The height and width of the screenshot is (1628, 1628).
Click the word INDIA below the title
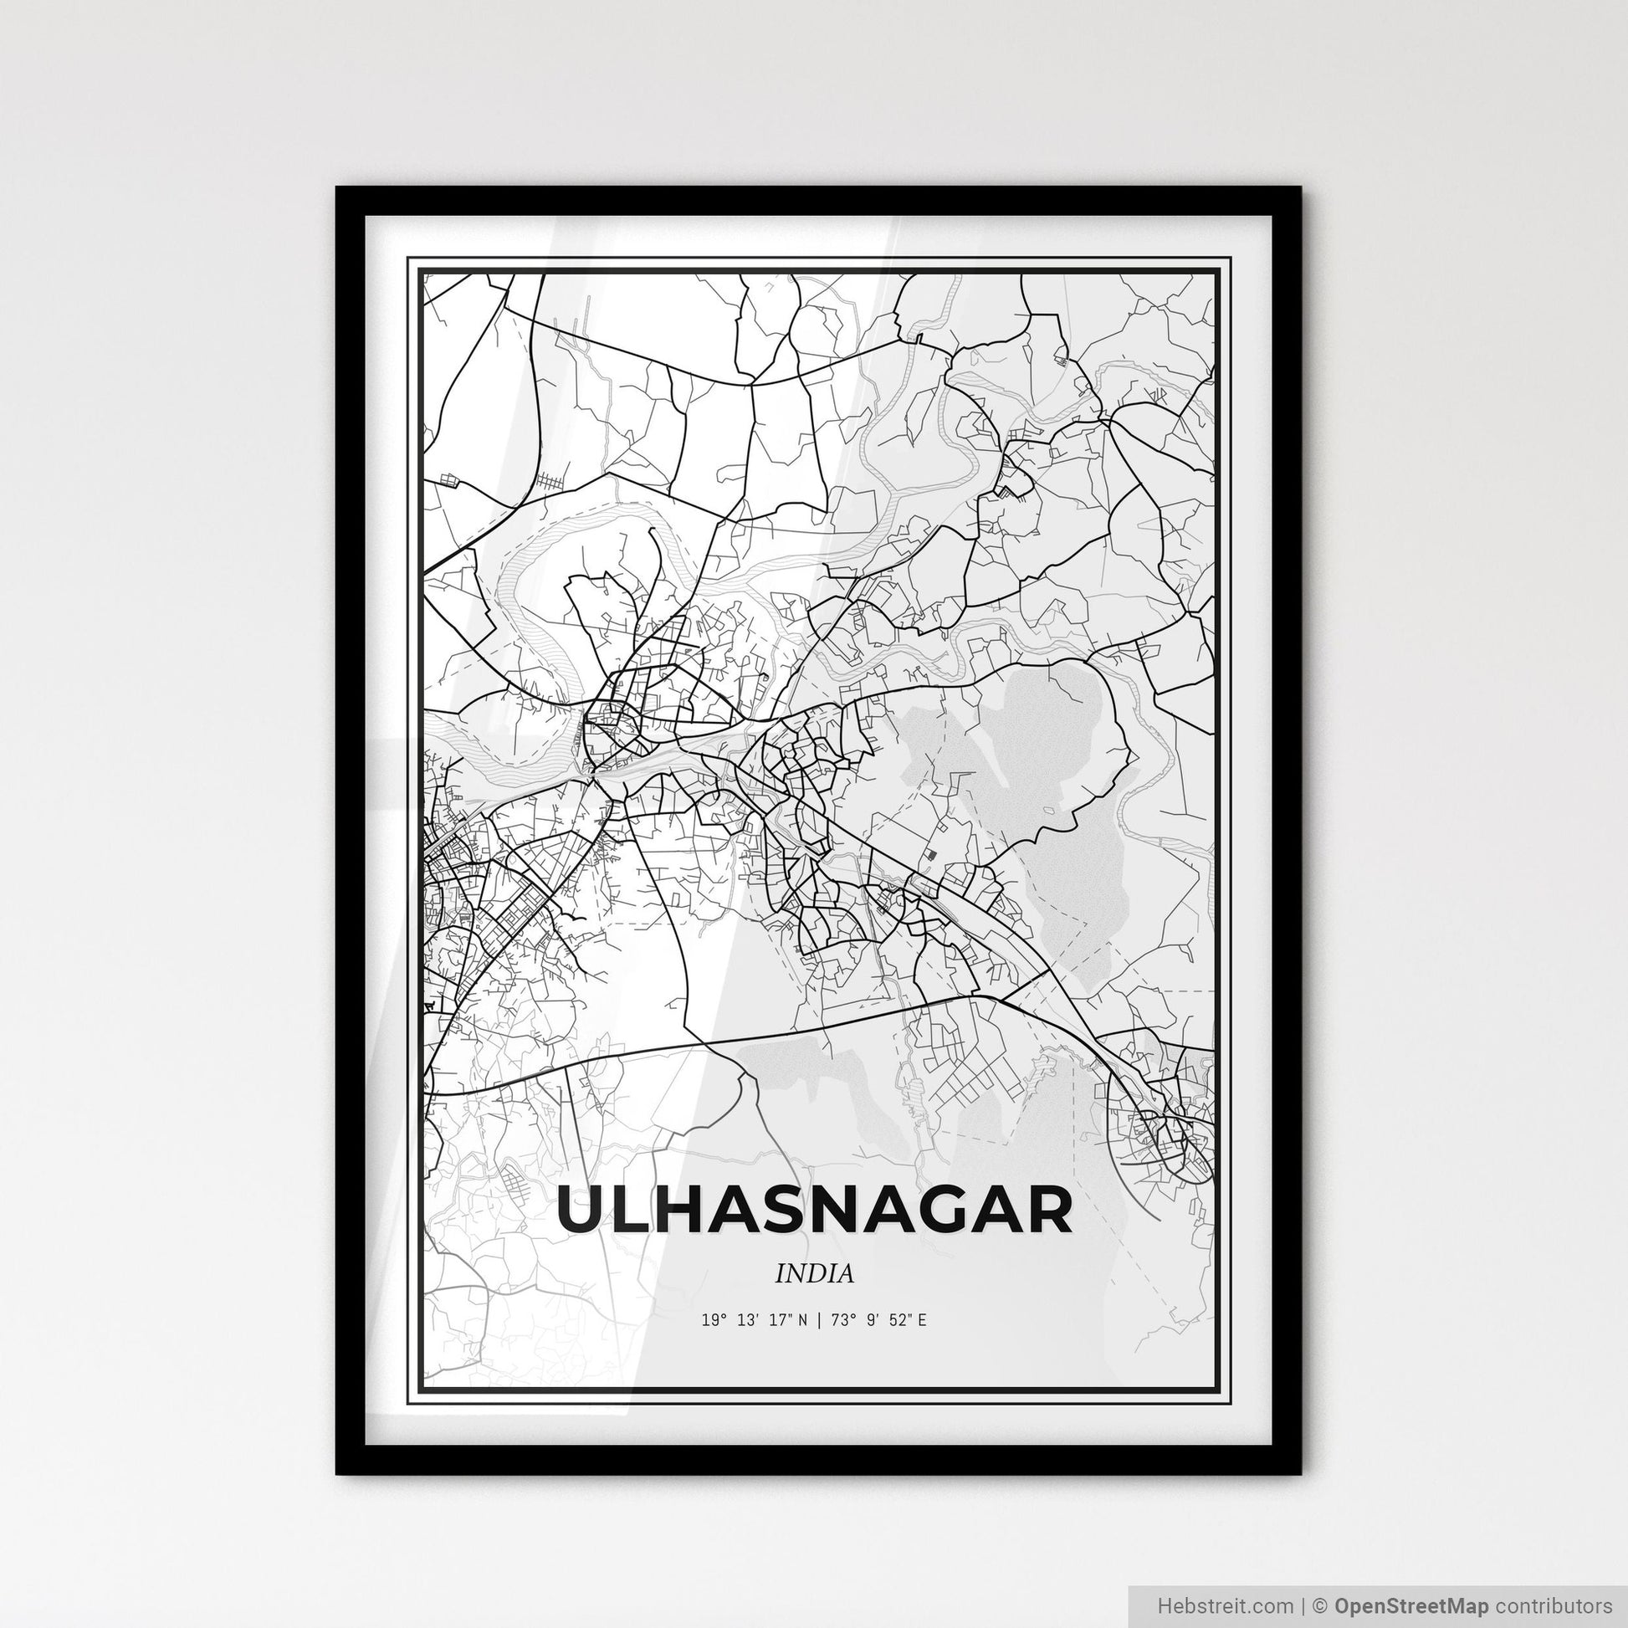(814, 1273)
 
